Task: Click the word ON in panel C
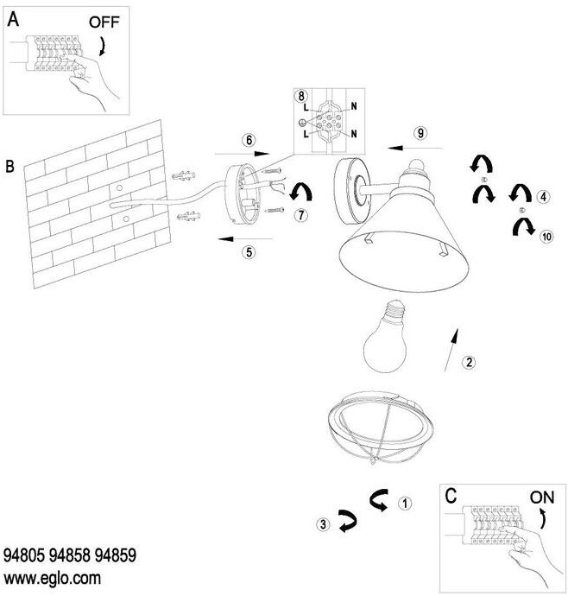click(x=541, y=498)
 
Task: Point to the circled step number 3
click(x=321, y=523)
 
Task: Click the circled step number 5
click(x=249, y=253)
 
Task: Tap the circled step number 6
click(x=249, y=139)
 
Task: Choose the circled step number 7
click(x=300, y=216)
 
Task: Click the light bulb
click(x=385, y=341)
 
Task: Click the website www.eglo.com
click(x=53, y=577)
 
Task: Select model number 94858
click(x=71, y=555)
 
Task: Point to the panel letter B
click(x=10, y=164)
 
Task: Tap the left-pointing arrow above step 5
click(x=243, y=237)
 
